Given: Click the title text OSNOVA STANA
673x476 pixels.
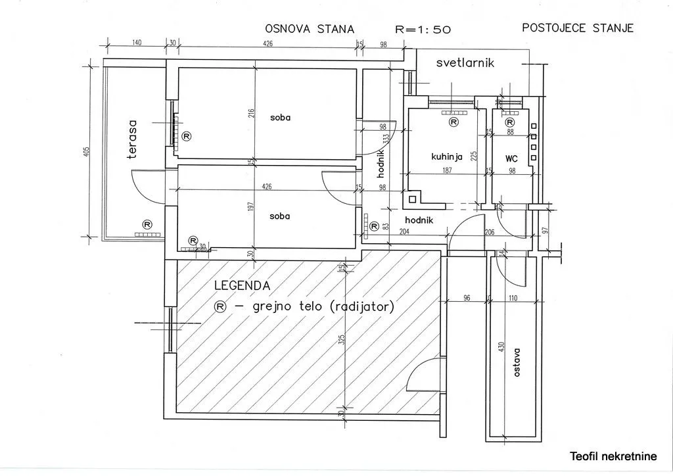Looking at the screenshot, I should point(309,29).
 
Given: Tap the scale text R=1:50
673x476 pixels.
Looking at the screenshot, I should point(422,29).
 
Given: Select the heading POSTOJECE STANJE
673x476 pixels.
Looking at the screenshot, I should point(577,28).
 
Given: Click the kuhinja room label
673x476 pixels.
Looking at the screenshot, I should point(447,157).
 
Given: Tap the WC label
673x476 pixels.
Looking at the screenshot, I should point(512,158).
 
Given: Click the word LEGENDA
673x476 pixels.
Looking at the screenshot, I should point(242,286).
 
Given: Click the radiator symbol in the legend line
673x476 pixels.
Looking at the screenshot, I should point(221,306).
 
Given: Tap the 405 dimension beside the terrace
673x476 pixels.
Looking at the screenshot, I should point(86,153).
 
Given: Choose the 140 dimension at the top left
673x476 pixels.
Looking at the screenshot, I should point(137,43).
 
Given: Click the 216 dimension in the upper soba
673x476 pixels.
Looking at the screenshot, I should point(250,113).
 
